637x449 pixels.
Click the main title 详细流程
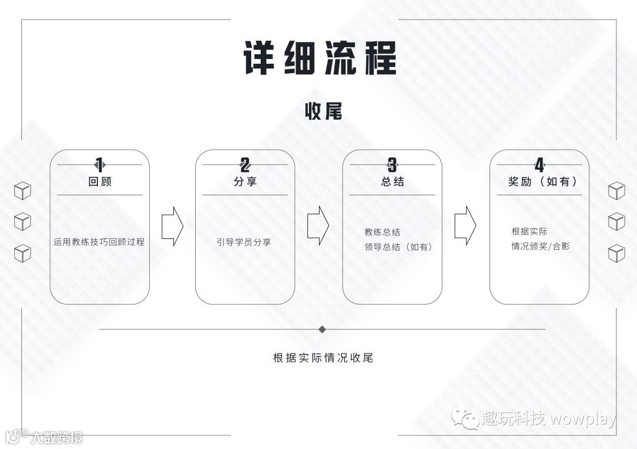tap(320, 57)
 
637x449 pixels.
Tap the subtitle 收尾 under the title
tap(323, 111)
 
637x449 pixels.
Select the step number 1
tap(99, 165)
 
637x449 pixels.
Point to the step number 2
tap(245, 165)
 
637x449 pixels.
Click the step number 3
tap(392, 165)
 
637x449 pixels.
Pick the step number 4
tap(539, 165)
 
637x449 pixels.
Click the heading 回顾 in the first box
tap(100, 182)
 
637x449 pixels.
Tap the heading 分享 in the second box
tap(245, 182)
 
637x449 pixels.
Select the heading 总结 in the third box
tap(392, 182)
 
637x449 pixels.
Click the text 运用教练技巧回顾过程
tap(99, 242)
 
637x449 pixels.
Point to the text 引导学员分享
tap(244, 242)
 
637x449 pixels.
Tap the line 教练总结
tap(382, 232)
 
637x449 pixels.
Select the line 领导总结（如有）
tap(399, 247)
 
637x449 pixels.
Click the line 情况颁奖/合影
tap(540, 246)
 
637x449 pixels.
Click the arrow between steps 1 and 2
tap(172, 226)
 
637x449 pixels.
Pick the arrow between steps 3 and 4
tap(465, 226)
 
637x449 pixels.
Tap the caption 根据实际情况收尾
tap(323, 358)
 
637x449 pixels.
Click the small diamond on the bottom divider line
tap(322, 329)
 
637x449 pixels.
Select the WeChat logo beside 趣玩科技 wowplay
tap(465, 418)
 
